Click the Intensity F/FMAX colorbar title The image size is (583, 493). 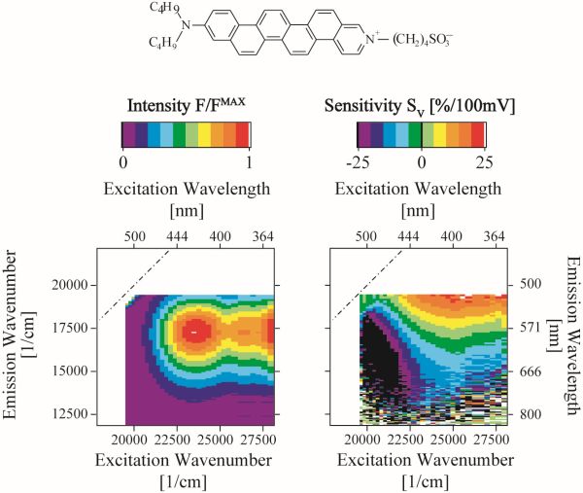[x=185, y=104]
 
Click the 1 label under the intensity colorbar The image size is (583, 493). [x=251, y=160]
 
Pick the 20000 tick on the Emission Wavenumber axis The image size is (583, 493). [x=66, y=285]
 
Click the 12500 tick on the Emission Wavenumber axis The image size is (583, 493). [x=66, y=414]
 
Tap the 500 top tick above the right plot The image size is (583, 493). [x=365, y=235]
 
